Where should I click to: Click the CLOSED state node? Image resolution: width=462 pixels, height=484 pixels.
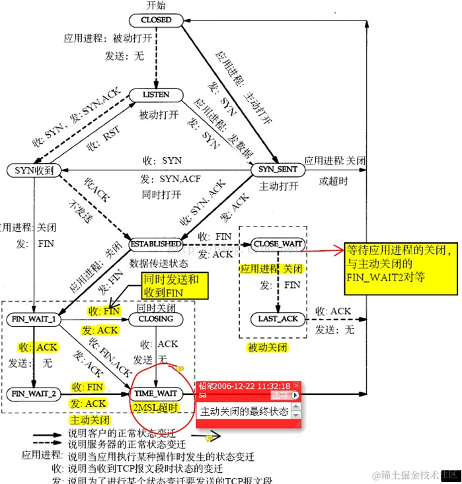click(x=156, y=20)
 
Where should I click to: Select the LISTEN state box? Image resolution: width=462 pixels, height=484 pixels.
click(x=156, y=96)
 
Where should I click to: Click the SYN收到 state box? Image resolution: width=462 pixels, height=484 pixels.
click(x=34, y=170)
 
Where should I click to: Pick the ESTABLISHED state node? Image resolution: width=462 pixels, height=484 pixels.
click(x=155, y=244)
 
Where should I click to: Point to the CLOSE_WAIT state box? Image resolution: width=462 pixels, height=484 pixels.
click(x=278, y=244)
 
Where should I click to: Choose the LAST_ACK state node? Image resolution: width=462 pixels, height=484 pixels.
click(x=277, y=319)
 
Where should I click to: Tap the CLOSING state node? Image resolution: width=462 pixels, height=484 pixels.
click(x=155, y=319)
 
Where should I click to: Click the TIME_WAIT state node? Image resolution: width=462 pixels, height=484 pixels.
click(x=156, y=394)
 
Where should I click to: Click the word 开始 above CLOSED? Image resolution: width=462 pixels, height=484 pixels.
click(x=156, y=6)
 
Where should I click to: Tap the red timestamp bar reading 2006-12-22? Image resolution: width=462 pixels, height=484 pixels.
click(x=248, y=386)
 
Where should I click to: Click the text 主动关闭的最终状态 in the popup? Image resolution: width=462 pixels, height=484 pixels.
click(x=245, y=411)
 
